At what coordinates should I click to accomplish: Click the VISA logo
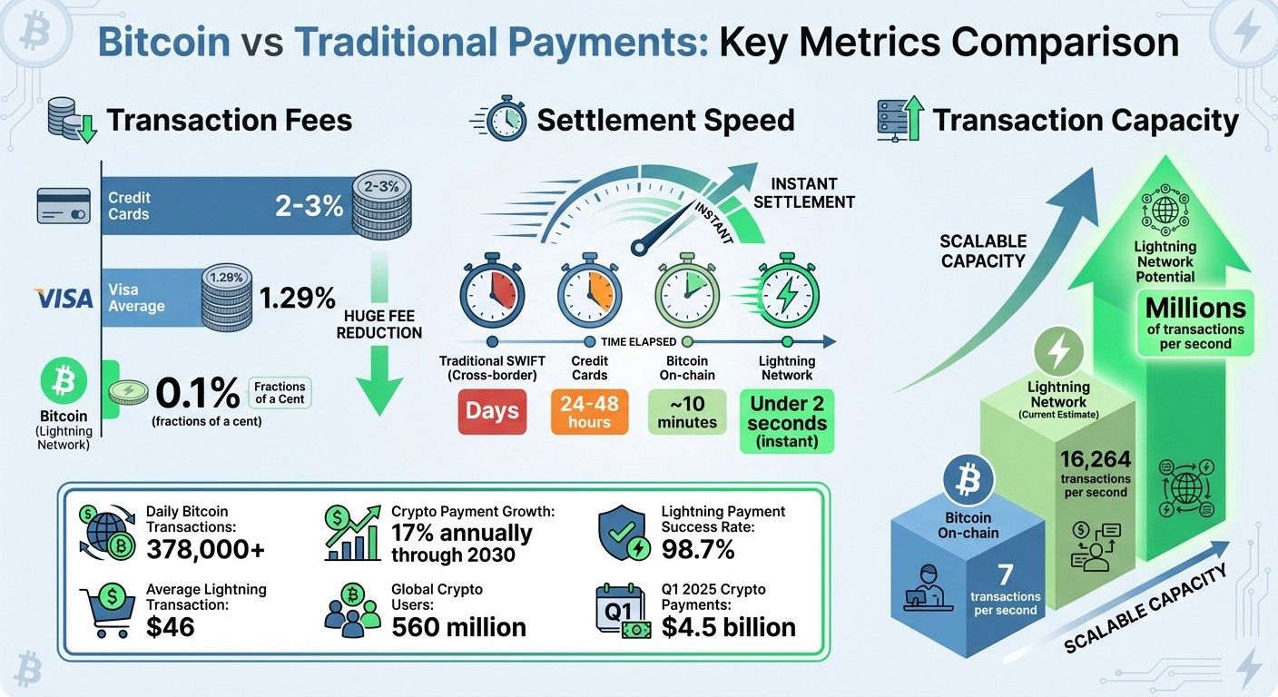pyautogui.click(x=64, y=298)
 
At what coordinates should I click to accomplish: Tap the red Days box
pyautogui.click(x=491, y=411)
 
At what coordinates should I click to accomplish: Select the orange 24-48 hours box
pyautogui.click(x=589, y=411)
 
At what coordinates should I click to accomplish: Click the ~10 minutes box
pyautogui.click(x=686, y=411)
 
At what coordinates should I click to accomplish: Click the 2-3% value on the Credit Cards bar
pyautogui.click(x=309, y=206)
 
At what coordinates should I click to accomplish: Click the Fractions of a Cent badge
pyautogui.click(x=280, y=392)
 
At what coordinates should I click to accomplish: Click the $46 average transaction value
pyautogui.click(x=170, y=626)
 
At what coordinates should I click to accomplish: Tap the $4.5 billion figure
pyautogui.click(x=728, y=626)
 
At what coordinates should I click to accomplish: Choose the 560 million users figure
pyautogui.click(x=458, y=626)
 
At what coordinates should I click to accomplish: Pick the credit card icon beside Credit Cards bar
pyautogui.click(x=63, y=207)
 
